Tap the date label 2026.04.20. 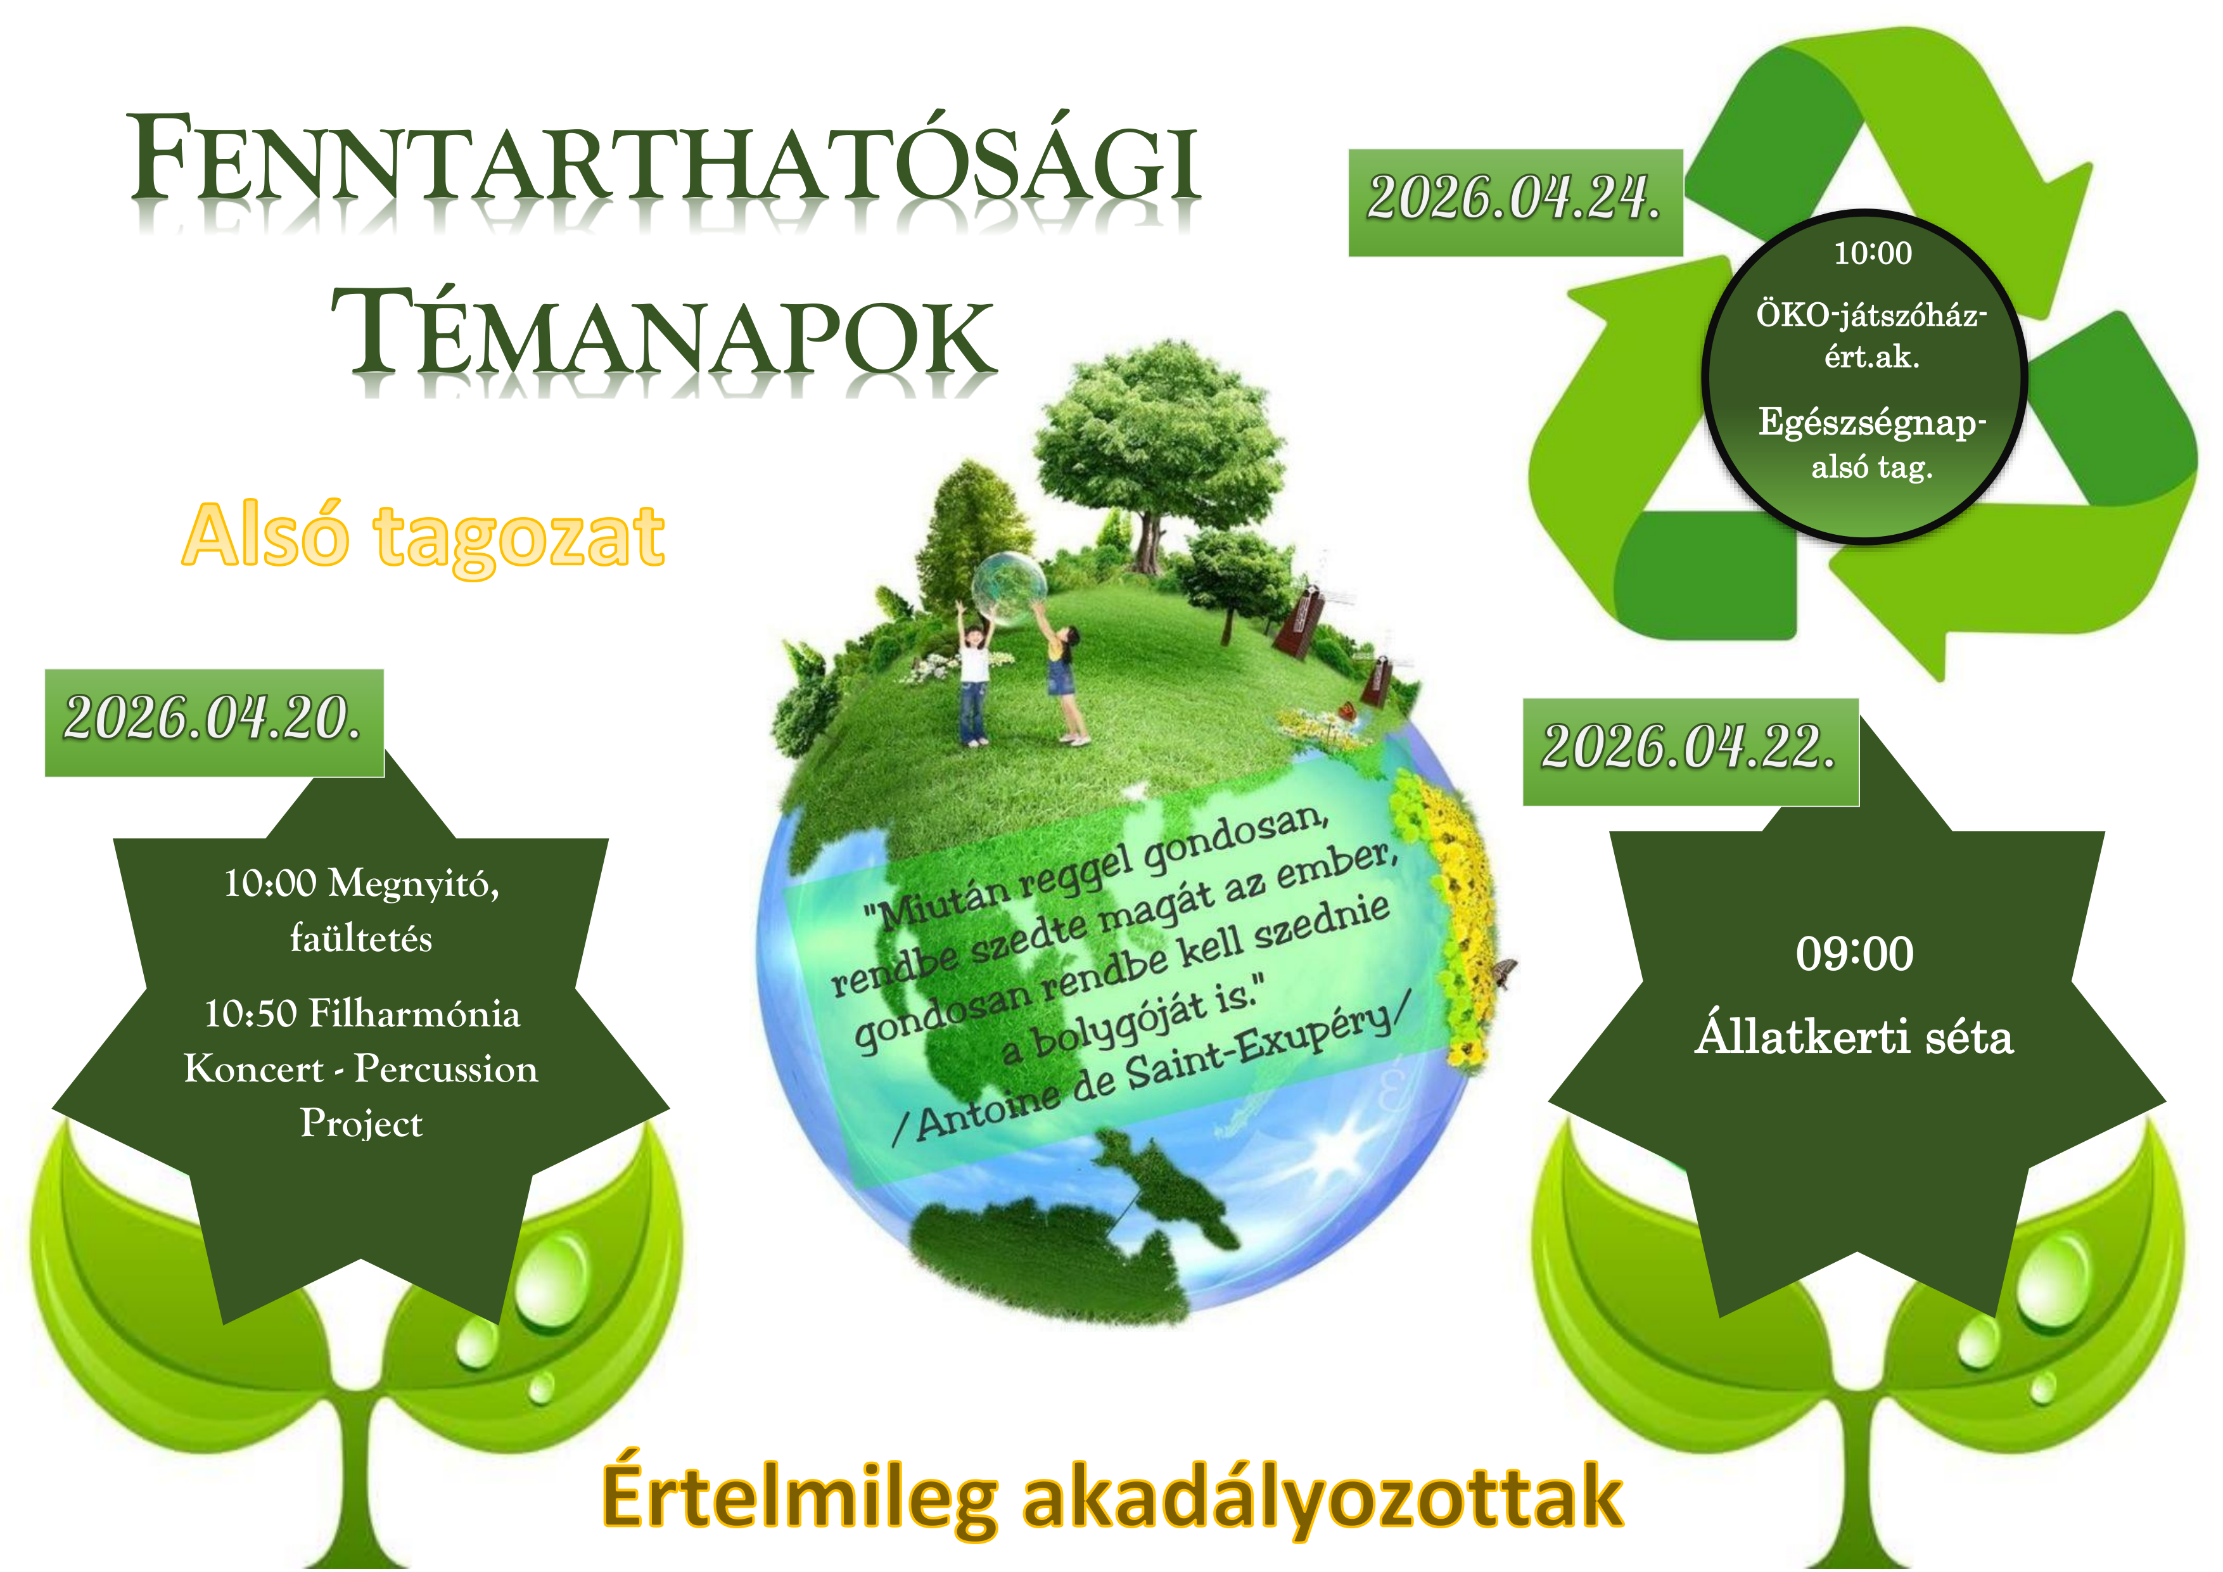(x=213, y=720)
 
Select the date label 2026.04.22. (x=1690, y=750)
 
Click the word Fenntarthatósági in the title (x=665, y=160)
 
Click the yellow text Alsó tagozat (x=423, y=537)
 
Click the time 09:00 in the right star (x=1854, y=954)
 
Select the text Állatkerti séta (x=1854, y=1037)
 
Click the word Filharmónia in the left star (x=414, y=1014)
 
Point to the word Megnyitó (x=414, y=883)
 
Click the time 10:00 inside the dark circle (x=1873, y=254)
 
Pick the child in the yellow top (x=1065, y=678)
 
